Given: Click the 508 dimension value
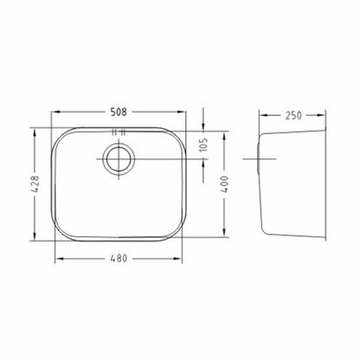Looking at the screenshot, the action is click(119, 112).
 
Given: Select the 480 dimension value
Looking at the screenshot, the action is click(119, 258).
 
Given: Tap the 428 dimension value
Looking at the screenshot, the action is click(35, 184).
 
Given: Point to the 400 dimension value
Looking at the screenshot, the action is click(225, 184).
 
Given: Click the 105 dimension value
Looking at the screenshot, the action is click(203, 145).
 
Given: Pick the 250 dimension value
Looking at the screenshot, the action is click(293, 115).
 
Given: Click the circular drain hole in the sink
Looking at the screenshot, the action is click(119, 159).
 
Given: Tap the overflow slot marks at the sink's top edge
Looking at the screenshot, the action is click(119, 132).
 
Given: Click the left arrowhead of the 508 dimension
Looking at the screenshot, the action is click(55, 112).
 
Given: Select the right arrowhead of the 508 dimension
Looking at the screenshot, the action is click(182, 112).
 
